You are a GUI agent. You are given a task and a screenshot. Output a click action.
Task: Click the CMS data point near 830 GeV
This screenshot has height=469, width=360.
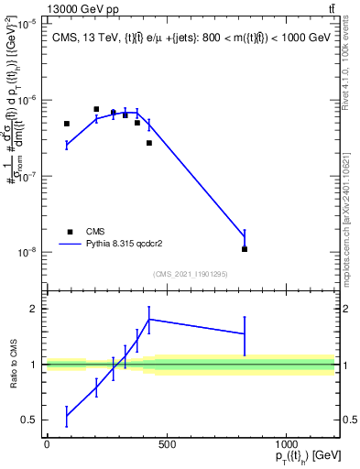point(245,249)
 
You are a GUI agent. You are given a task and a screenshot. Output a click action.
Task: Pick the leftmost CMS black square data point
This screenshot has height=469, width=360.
point(67,124)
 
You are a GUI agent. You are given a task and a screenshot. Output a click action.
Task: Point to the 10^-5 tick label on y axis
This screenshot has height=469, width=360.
point(27,25)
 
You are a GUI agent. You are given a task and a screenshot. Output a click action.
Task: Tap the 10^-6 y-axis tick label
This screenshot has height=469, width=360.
point(27,101)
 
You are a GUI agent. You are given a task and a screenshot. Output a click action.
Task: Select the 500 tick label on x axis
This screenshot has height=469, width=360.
point(166,446)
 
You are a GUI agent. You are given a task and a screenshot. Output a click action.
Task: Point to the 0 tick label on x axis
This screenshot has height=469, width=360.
point(47,446)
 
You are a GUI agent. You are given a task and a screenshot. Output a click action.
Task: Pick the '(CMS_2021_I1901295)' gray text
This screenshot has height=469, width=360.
point(191,273)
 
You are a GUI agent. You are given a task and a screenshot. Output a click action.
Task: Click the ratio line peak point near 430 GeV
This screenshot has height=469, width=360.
point(149,319)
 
